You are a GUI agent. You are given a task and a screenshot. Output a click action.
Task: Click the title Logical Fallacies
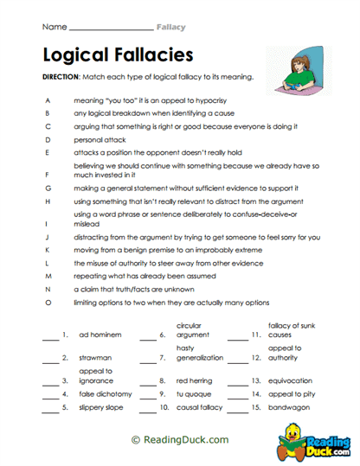click(x=117, y=55)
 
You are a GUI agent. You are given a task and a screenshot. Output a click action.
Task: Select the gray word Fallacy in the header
click(x=170, y=27)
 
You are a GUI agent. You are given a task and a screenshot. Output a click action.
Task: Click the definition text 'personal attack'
click(x=97, y=138)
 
